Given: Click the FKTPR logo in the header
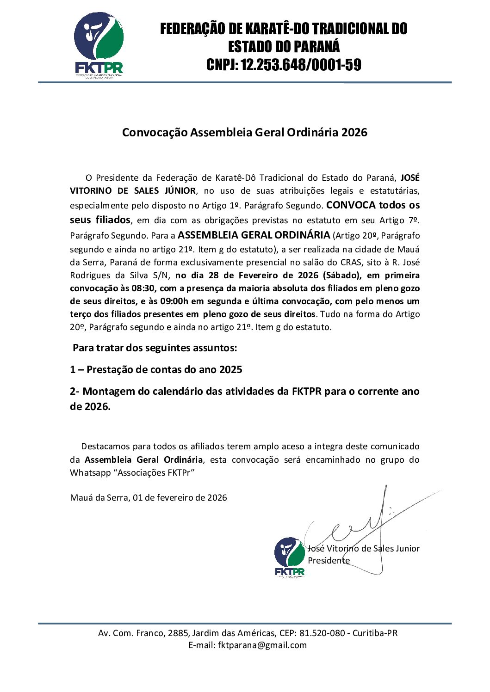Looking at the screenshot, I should tap(99, 44).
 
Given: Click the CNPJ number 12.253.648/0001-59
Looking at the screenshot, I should tap(301, 65).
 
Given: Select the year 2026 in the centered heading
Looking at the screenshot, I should tap(354, 133).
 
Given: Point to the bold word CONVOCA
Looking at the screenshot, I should tap(351, 205).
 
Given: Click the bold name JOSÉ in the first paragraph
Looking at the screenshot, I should tap(410, 178).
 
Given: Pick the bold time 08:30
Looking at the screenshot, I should tap(143, 288).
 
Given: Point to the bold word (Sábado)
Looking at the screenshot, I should tap(342, 276).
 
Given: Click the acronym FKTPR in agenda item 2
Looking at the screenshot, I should tap(306, 392).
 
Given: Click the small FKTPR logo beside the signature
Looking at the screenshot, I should tap(290, 557).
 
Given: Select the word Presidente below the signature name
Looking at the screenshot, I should tap(329, 561).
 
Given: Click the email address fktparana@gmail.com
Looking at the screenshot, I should tap(262, 645).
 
